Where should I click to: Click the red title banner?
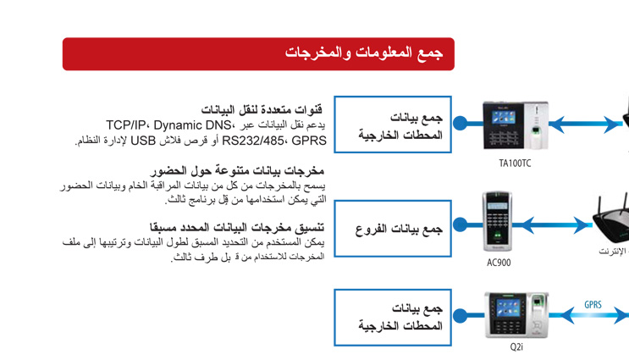coord(258,54)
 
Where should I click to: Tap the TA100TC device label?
coord(515,163)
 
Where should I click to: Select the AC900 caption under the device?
coord(499,263)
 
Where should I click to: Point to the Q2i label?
coord(516,346)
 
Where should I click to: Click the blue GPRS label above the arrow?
coord(593,305)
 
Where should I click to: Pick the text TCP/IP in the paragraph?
coord(125,125)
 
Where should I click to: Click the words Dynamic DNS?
coord(192,125)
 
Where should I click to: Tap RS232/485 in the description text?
coord(253,141)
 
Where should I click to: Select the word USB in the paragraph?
coord(143,141)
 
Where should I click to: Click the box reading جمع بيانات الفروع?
coord(393,229)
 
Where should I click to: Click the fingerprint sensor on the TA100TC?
coord(536,130)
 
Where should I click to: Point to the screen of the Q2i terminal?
coord(508,308)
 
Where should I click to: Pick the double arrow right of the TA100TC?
coord(585,125)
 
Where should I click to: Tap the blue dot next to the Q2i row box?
coord(461,315)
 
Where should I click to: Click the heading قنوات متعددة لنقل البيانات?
coord(262,109)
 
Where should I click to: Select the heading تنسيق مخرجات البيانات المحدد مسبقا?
coord(237,228)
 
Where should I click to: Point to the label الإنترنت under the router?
coord(613,252)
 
